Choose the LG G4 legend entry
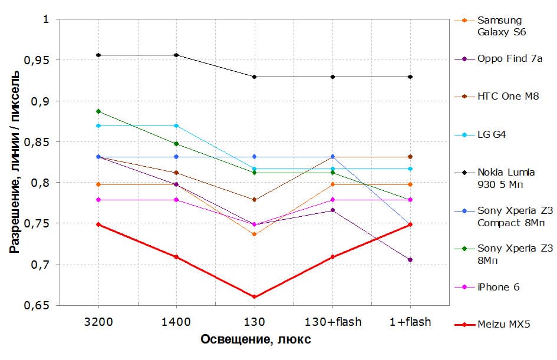[492, 134]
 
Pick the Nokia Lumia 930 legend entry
[506, 178]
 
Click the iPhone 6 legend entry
[499, 287]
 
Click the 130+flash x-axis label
[332, 322]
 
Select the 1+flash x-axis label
[410, 322]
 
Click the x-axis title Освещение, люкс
[255, 340]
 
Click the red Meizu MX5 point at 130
[255, 297]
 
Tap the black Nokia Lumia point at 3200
[98, 55]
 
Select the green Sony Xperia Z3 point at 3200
[98, 111]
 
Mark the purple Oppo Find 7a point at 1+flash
[410, 260]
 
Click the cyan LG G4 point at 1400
[176, 126]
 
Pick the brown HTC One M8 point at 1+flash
[410, 157]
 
